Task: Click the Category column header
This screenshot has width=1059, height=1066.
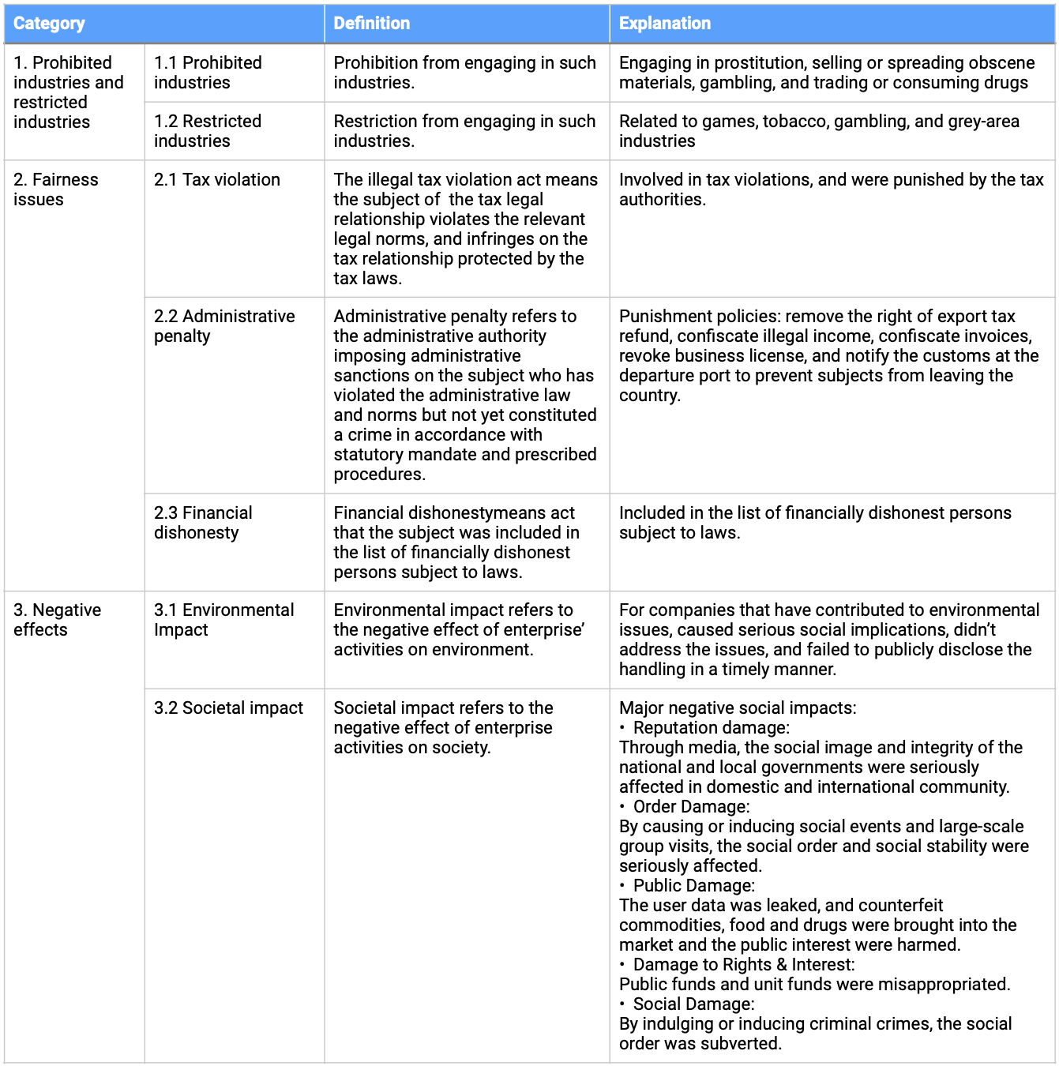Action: tap(49, 24)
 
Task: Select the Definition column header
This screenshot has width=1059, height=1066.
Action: tap(371, 24)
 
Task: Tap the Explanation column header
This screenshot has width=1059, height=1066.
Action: tap(664, 24)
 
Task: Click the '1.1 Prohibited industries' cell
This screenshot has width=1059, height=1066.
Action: tap(208, 73)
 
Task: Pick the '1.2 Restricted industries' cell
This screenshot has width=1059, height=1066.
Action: tap(208, 131)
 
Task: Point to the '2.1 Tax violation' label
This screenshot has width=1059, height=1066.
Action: tap(217, 180)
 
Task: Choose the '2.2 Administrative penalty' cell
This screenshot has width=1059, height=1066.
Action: tap(224, 326)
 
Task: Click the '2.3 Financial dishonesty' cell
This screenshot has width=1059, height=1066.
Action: tap(203, 523)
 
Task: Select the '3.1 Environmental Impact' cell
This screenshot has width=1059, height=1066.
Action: tap(223, 620)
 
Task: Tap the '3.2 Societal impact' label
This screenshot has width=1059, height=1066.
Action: tap(228, 708)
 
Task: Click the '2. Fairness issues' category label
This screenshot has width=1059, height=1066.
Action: tap(55, 190)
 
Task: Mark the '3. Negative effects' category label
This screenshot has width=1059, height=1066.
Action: tap(57, 620)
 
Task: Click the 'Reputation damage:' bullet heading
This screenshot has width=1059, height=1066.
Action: tap(711, 728)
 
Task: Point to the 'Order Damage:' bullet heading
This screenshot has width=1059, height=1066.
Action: tap(691, 807)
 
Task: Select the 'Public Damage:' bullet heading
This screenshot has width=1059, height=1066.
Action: tap(693, 886)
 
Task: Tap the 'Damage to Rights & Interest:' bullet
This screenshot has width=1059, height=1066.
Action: tap(743, 965)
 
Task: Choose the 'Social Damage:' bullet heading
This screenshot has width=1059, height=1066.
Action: tap(693, 1004)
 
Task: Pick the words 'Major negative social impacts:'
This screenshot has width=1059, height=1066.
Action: tap(737, 708)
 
